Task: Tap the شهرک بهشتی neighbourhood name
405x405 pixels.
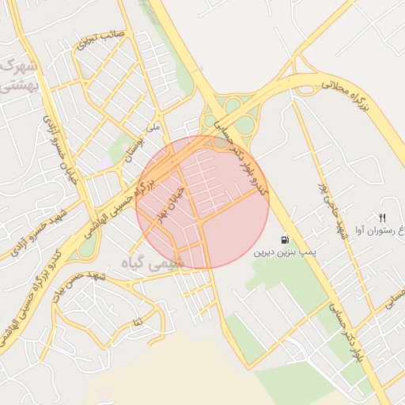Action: (19, 74)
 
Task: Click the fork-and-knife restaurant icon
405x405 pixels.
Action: (383, 218)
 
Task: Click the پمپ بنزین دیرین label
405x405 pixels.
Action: (285, 254)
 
